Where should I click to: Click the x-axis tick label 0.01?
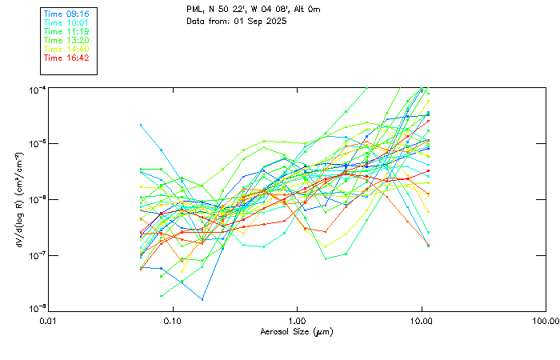(x=48, y=321)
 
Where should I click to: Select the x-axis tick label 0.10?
(x=172, y=321)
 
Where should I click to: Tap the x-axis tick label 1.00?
(x=297, y=321)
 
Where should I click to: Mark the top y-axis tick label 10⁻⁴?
(x=36, y=89)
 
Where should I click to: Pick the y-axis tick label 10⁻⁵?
(x=36, y=143)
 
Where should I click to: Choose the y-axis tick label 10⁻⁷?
(x=36, y=255)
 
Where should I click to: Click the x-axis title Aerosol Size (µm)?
(x=296, y=331)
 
